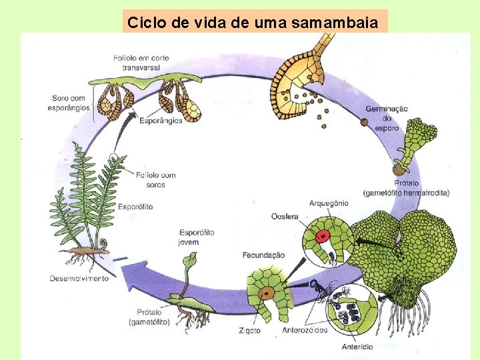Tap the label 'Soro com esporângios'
[x=69, y=103]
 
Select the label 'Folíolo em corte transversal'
[x=141, y=62]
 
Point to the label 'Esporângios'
[x=161, y=121]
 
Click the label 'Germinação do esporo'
[x=387, y=118]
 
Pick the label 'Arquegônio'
[x=329, y=203]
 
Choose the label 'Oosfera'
[x=285, y=216]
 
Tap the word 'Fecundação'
[x=264, y=255]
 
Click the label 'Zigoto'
[x=249, y=330]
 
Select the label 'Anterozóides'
[x=305, y=330]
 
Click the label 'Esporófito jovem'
[x=198, y=237]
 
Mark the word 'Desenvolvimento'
[x=79, y=278]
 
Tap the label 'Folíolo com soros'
[x=155, y=179]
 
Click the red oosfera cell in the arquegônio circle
[x=323, y=236]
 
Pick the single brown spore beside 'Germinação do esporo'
[x=364, y=122]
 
